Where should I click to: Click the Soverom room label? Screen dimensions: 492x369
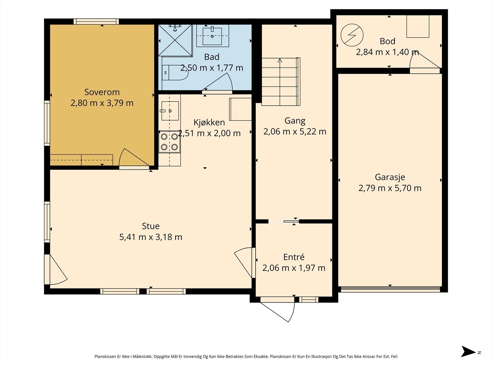(x=102, y=92)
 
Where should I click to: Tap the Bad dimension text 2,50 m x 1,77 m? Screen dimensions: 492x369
(x=212, y=68)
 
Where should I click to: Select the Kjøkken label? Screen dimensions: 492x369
(x=209, y=123)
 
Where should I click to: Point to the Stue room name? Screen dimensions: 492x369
(x=151, y=226)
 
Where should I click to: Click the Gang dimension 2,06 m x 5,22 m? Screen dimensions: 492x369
(x=295, y=132)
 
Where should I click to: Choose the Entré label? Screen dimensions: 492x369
(x=294, y=257)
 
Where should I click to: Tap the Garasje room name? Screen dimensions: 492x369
(x=390, y=177)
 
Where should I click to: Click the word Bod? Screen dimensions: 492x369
(x=387, y=41)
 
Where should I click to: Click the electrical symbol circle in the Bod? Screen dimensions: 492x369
(x=352, y=35)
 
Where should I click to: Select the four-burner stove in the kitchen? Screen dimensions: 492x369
(x=169, y=142)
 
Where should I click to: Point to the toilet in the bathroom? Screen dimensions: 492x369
(x=175, y=73)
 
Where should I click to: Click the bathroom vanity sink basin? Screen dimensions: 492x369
(x=212, y=36)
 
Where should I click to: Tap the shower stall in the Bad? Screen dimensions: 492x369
(x=175, y=40)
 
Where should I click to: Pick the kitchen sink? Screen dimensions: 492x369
(x=170, y=111)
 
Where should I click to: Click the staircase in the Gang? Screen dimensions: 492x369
(x=281, y=81)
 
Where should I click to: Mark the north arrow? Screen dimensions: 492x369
(x=468, y=351)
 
